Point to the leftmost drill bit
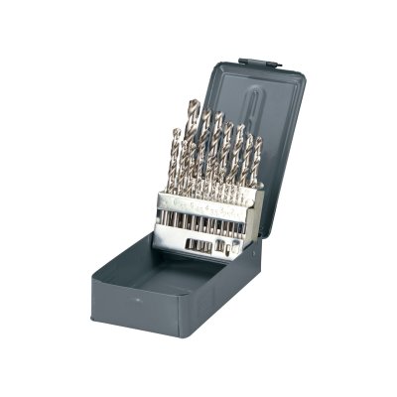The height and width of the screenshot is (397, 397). [x=176, y=159]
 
